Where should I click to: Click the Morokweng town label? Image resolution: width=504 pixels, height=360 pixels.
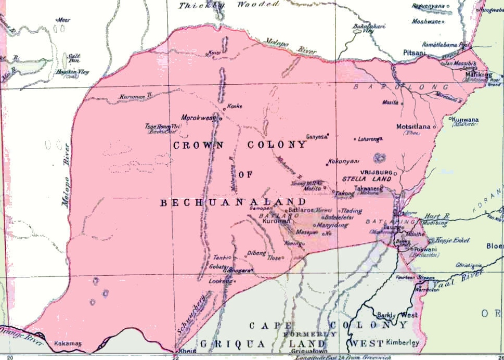[199, 118]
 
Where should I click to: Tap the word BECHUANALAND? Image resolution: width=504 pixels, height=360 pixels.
[233, 202]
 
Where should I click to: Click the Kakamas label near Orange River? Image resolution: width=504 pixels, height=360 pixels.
[67, 343]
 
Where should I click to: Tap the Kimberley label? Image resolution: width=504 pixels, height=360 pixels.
[402, 343]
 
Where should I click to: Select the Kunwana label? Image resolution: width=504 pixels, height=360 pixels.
[466, 119]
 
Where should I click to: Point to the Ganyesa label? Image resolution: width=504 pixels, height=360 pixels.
[316, 137]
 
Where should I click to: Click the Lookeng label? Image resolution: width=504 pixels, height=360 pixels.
[219, 281]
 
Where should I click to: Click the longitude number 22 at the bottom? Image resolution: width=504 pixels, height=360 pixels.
[175, 357]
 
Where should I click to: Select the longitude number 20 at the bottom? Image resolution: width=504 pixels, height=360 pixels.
[10, 357]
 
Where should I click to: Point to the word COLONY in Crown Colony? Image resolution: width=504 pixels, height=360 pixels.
[280, 145]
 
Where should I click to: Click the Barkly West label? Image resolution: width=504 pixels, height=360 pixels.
[395, 315]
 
